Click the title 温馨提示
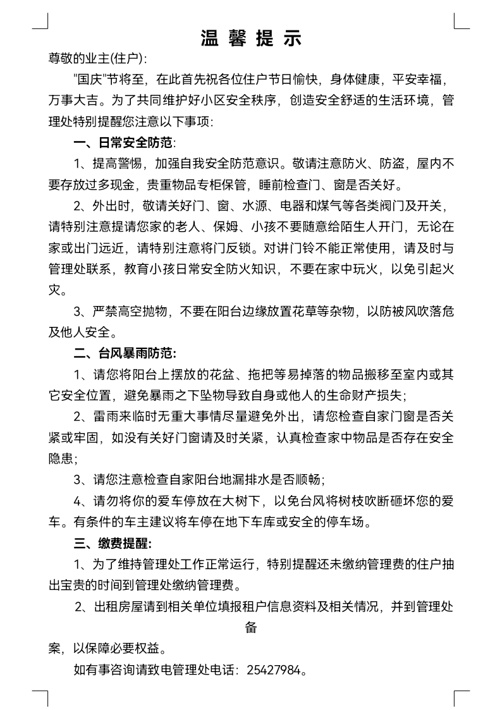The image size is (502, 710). pyautogui.click(x=251, y=38)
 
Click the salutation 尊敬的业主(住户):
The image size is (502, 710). pyautogui.click(x=97, y=59)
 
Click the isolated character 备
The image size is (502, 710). pyautogui.click(x=251, y=628)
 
